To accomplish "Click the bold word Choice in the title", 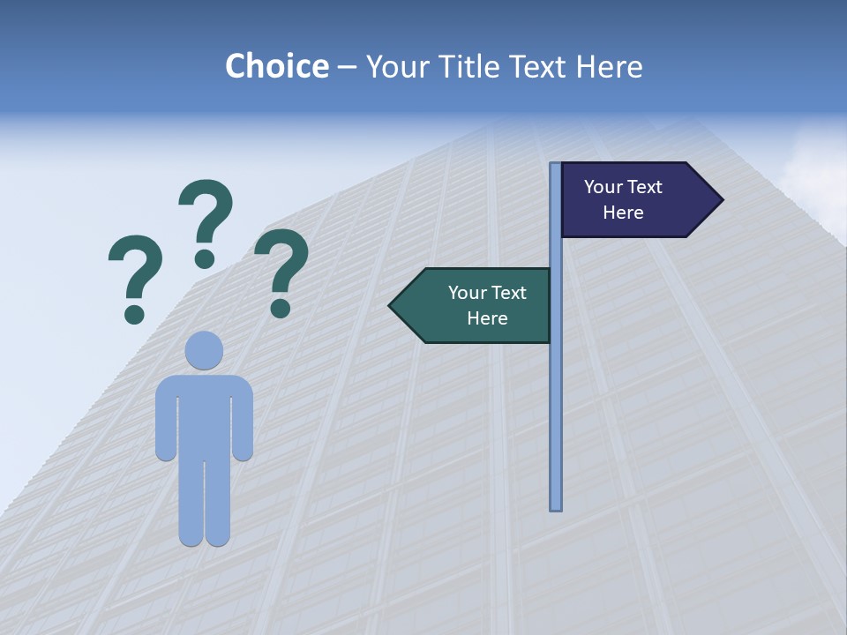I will pos(276,66).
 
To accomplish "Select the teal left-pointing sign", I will pos(476,305).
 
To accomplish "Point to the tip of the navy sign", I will pos(721,200).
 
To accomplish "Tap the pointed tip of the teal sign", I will pos(392,306).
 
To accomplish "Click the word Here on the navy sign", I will pos(623,213).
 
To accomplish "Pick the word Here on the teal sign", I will pos(487,318).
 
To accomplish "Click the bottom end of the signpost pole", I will pos(556,507).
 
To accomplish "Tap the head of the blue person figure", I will pos(204,350).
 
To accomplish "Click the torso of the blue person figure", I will pos(204,415).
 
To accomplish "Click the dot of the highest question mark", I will pos(205,258).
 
